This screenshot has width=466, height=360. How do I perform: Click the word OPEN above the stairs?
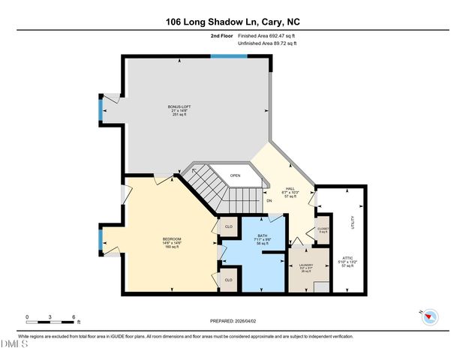click(235, 175)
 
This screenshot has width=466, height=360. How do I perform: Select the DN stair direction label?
click(268, 201)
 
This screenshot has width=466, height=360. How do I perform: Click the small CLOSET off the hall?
click(323, 230)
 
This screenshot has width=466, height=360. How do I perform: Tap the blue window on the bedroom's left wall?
click(100, 242)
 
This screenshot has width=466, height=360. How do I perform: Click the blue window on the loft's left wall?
click(101, 109)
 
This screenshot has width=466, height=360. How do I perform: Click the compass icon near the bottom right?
click(429, 316)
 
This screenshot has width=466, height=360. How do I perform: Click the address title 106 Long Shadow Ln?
click(233, 22)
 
